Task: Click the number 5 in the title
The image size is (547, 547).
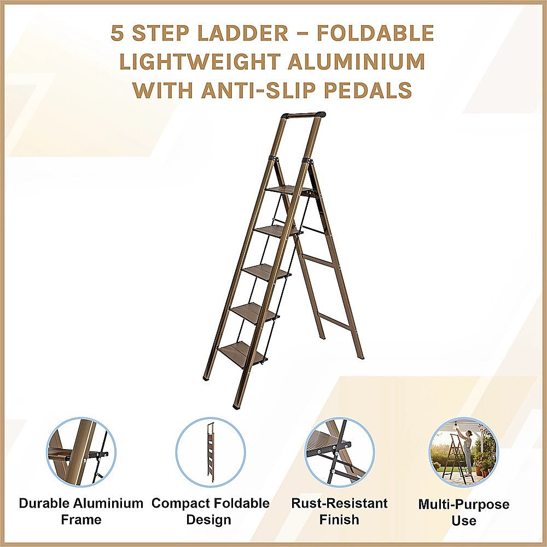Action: point(117,33)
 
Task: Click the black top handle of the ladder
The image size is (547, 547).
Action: point(304,115)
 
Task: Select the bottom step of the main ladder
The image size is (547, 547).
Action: point(242,353)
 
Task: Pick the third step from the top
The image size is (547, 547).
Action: point(266,271)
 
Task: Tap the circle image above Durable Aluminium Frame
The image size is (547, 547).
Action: point(81,452)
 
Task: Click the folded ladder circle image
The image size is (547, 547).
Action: point(211,452)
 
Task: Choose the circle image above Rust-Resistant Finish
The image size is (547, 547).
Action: point(339,452)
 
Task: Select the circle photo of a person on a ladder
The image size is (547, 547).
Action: point(463,452)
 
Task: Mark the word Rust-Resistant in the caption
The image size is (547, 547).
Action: point(339,503)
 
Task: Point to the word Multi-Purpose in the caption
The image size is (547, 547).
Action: point(463,504)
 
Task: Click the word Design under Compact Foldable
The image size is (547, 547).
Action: point(211,520)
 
